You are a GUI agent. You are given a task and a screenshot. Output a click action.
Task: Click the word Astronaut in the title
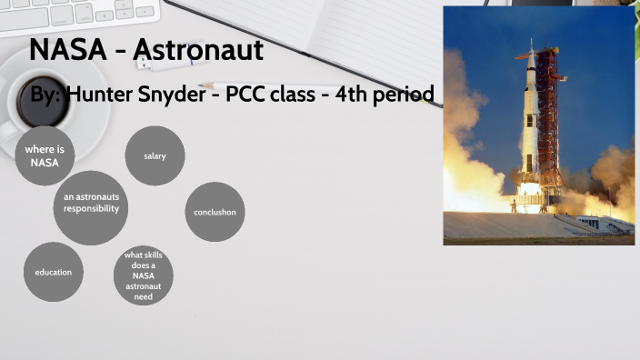point(198,51)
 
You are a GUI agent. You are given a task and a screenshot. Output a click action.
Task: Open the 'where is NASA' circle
point(44,155)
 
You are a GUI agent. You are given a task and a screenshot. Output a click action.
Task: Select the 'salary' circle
point(155,156)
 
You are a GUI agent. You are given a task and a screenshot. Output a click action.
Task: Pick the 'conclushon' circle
point(215,212)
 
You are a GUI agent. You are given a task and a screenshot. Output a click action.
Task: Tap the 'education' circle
point(54,272)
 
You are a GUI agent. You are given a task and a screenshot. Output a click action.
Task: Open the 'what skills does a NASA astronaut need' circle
point(144,275)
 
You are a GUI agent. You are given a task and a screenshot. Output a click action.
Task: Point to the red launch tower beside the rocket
point(548,118)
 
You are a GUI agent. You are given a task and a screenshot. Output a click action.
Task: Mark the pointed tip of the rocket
point(532,41)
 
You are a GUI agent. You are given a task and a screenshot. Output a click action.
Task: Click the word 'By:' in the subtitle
point(45,95)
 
